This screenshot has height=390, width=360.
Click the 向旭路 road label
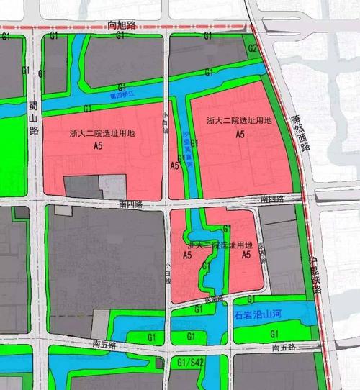pos(123,24)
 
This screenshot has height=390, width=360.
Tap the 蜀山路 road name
pos(33,119)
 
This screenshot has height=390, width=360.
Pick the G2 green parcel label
pos(252,47)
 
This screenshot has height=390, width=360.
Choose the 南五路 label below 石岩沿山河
pos(286,347)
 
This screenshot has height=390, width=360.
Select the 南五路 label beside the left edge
pos(105,345)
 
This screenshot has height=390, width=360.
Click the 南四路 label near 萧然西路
pos(273,199)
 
